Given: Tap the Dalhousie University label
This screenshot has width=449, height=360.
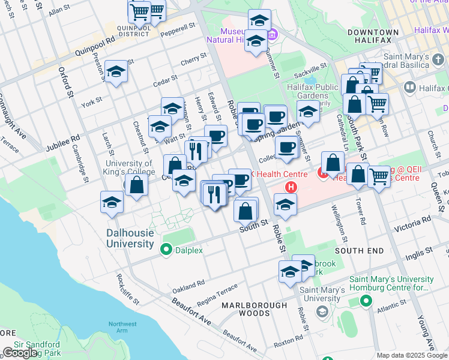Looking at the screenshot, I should coord(130,238).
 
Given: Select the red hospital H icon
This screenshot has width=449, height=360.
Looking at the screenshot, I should coord(291,187).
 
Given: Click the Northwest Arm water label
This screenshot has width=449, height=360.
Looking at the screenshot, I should coord(122,328).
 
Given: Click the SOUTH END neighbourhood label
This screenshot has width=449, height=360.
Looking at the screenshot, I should coord(358,250).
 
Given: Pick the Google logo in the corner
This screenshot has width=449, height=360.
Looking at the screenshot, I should coord(20,352).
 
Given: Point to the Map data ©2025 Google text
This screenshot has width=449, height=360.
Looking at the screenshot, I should coord(412,355).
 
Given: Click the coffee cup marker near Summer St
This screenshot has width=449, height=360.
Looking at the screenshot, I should coord(286,147).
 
